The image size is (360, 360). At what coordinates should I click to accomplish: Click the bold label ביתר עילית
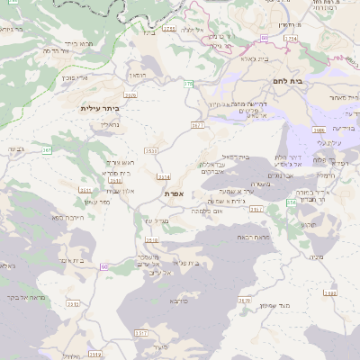[x=100, y=108]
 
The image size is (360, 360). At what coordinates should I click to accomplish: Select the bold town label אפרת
[x=175, y=193]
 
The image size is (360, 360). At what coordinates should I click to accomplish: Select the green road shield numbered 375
[x=188, y=84]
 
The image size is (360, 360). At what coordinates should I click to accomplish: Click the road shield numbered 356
[x=291, y=202]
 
